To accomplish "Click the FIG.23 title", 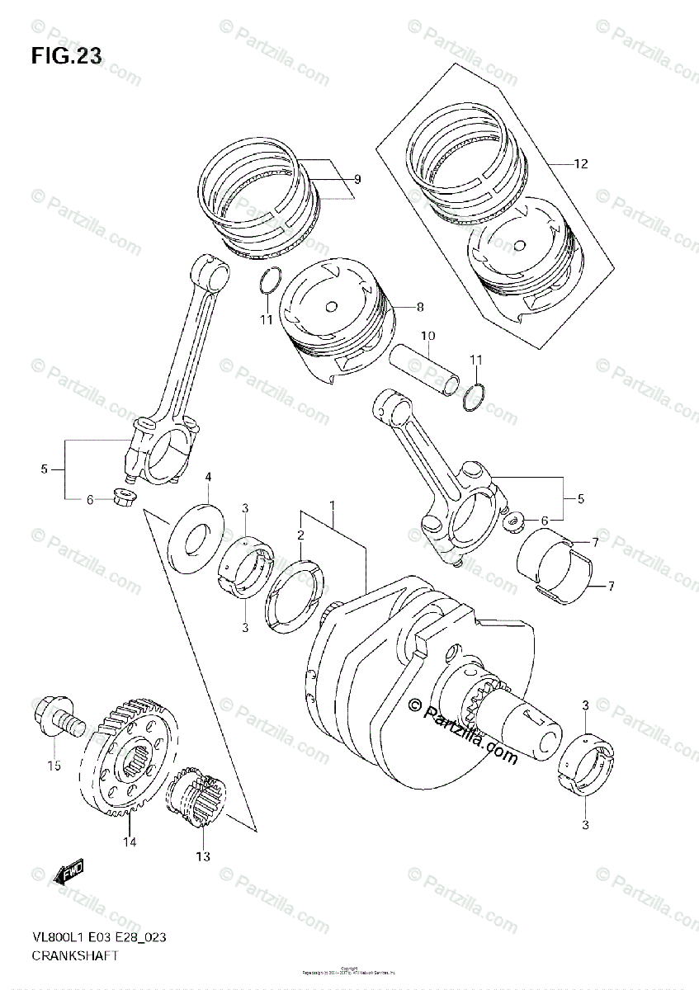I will coord(67,56).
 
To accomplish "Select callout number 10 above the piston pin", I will coord(427,336).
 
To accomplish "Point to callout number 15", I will coord(54,766).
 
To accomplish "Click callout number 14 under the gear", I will coord(130,842).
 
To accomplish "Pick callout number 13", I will coord(203,856).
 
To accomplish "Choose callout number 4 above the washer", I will coord(208,477).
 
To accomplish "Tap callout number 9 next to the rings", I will coord(357,179).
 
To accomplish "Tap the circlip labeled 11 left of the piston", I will coord(266,283).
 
